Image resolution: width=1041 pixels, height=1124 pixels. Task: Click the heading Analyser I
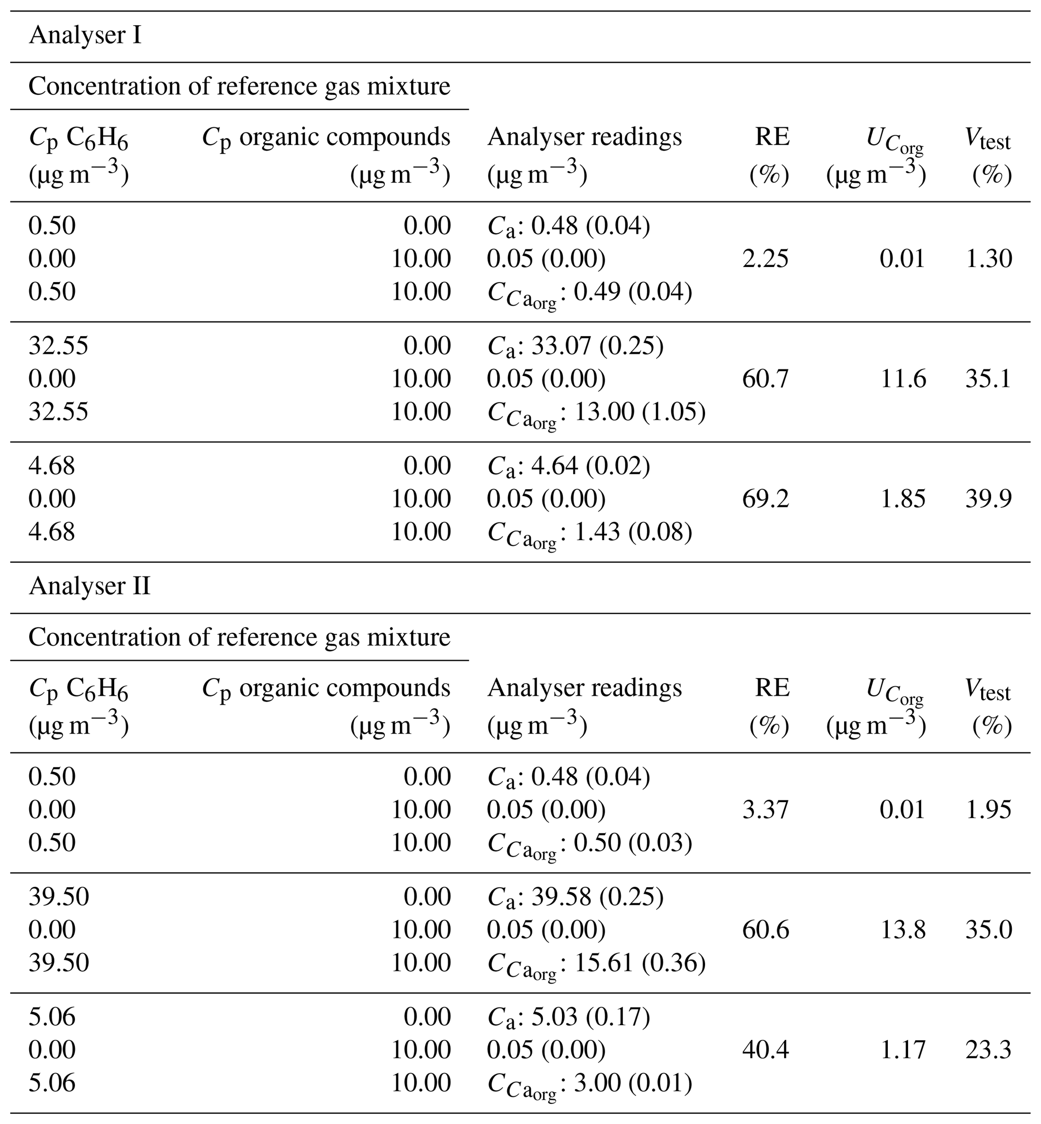(x=85, y=35)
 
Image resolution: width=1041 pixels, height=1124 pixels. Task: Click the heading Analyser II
(x=90, y=586)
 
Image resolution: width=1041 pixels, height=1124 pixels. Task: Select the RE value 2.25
(x=765, y=258)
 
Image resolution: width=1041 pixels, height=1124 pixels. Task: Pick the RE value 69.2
(x=765, y=499)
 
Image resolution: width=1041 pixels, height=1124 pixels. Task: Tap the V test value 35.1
(x=988, y=378)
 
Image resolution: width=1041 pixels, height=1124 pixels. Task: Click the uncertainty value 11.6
(x=903, y=378)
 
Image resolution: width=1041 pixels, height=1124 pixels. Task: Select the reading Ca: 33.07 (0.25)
(x=575, y=346)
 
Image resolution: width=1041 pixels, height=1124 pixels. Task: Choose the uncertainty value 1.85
(x=903, y=499)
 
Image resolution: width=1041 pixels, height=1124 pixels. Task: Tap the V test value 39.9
(x=988, y=499)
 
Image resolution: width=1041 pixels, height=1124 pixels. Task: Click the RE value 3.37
(x=765, y=810)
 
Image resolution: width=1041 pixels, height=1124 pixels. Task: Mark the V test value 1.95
(x=988, y=810)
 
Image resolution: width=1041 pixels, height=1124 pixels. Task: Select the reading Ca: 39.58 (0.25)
(x=575, y=896)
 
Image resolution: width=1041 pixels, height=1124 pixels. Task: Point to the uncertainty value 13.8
(x=903, y=930)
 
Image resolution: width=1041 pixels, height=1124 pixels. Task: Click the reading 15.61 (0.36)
(x=640, y=963)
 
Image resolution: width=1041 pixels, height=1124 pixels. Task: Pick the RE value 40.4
(x=765, y=1049)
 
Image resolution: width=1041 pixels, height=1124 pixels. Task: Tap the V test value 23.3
(x=988, y=1049)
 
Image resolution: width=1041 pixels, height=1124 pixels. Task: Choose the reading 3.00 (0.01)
(x=633, y=1083)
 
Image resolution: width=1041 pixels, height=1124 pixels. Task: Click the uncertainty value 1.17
(x=903, y=1049)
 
